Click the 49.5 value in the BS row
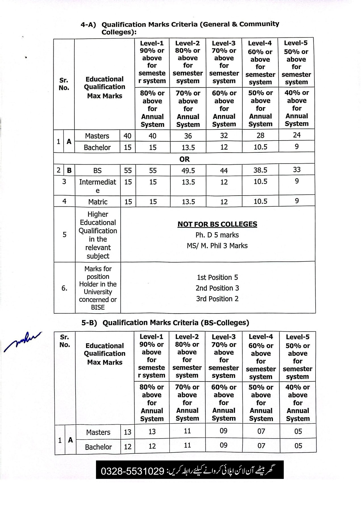[188, 170]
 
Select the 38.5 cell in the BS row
[260, 170]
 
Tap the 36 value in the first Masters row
[188, 136]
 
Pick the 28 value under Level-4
[260, 135]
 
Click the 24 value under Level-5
[297, 135]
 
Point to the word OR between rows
[184, 159]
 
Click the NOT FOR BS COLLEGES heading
[217, 224]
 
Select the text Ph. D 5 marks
[217, 235]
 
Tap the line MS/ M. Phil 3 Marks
[217, 246]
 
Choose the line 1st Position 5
[217, 277]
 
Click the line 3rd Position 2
[217, 299]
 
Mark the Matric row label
[98, 202]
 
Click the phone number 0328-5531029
[132, 472]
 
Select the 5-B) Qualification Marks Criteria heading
[165, 323]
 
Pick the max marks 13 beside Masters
[128, 432]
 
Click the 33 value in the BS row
[297, 170]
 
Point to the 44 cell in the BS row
[224, 171]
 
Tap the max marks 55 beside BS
[128, 171]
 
